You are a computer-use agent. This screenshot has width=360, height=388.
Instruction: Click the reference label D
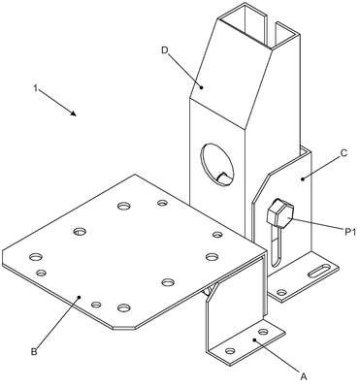tap(165, 50)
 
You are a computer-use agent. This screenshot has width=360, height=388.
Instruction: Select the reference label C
tap(344, 152)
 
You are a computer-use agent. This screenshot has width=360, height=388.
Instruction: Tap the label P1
tap(349, 231)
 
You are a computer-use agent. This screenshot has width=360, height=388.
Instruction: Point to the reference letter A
tap(304, 376)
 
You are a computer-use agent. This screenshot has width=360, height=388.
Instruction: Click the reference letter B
tap(34, 351)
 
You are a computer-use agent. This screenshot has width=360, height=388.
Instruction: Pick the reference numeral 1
tap(36, 88)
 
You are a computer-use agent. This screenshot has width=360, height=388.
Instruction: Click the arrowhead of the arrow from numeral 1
tap(74, 113)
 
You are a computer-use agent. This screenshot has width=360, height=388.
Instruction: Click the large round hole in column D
tap(217, 165)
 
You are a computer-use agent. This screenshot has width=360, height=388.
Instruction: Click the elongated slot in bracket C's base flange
tap(319, 271)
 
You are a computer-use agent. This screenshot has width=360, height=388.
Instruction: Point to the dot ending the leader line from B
tap(80, 297)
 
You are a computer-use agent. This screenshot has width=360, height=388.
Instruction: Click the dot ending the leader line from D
tap(201, 87)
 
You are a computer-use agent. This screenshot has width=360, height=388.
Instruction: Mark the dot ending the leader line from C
tap(303, 178)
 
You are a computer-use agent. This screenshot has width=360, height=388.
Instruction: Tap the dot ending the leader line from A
tap(254, 340)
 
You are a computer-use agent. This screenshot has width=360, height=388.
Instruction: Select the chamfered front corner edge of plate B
tap(123, 328)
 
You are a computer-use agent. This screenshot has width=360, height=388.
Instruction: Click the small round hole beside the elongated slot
tap(281, 293)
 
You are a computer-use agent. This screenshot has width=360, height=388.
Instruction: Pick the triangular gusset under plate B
tap(210, 291)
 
